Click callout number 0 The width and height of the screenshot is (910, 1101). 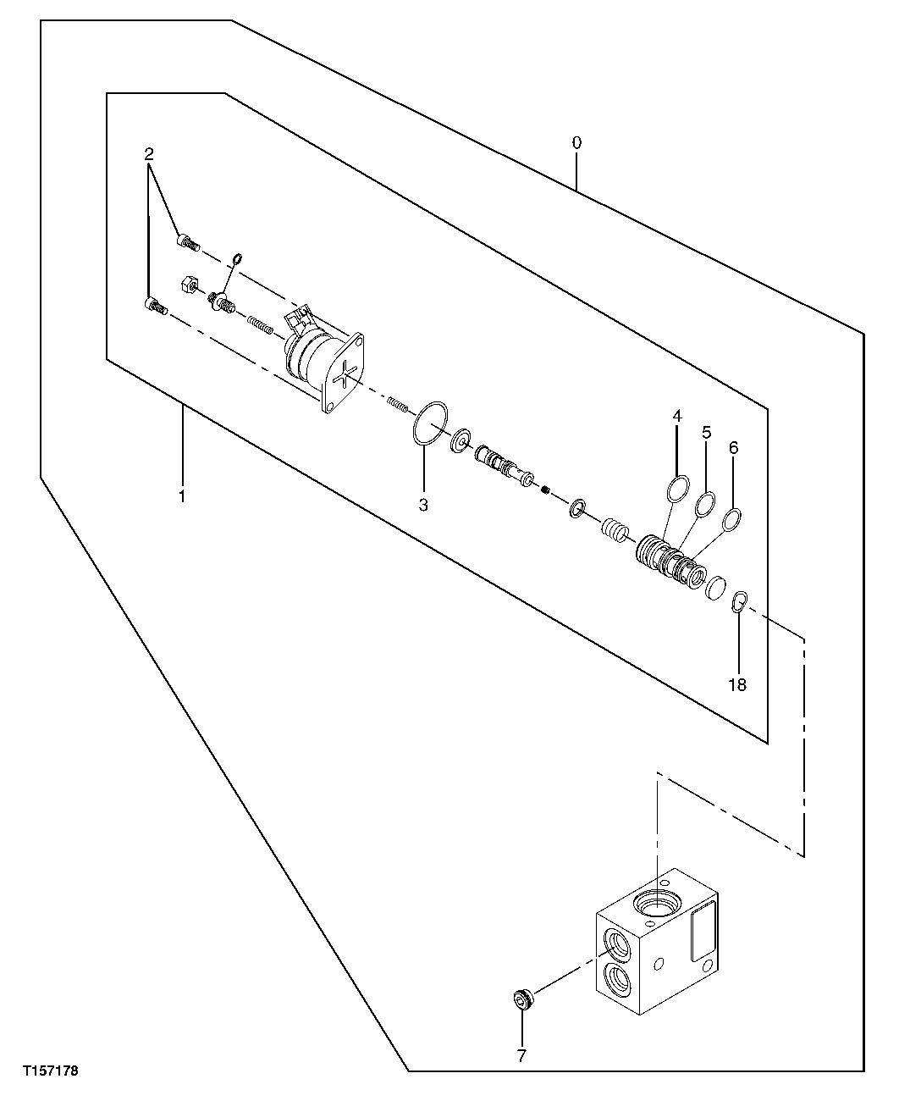click(x=576, y=143)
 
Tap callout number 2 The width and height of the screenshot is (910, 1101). click(x=149, y=154)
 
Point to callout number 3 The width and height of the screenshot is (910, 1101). click(x=423, y=505)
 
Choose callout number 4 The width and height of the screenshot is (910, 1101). click(x=677, y=416)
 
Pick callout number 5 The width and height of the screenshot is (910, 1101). click(x=706, y=432)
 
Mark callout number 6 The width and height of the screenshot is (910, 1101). click(x=733, y=446)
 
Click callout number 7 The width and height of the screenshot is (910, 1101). click(x=521, y=1055)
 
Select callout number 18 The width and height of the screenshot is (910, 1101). click(x=737, y=684)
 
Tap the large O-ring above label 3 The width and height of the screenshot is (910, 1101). click(x=430, y=422)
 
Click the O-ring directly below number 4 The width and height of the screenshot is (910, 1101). click(x=677, y=489)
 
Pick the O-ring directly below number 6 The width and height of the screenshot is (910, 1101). click(x=732, y=518)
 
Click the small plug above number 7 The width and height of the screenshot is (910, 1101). click(x=522, y=1000)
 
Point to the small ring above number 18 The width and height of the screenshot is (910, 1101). click(x=738, y=602)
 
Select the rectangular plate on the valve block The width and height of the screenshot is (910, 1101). click(x=704, y=930)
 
